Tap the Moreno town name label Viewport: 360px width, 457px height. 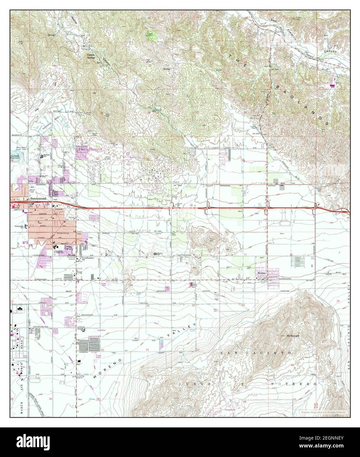261,273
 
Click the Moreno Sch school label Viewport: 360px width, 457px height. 159,254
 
